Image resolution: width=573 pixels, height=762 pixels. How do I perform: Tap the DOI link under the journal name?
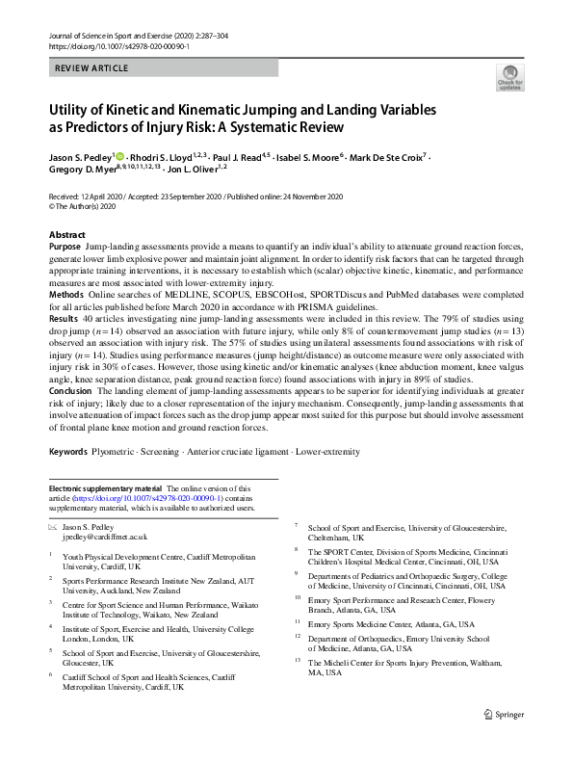(106, 45)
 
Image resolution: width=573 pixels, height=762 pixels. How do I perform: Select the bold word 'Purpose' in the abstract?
(65, 248)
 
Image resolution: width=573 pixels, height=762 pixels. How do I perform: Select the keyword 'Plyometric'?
(131, 452)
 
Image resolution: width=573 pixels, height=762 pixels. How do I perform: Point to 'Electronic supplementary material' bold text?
(107, 489)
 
